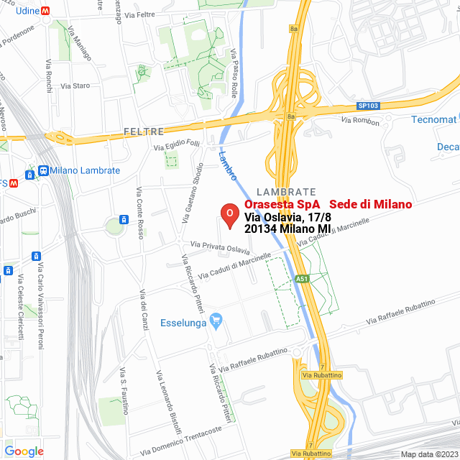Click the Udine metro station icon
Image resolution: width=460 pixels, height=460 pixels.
coord(45,11)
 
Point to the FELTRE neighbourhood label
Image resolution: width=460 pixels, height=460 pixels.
coord(144,132)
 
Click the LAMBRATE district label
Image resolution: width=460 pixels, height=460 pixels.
coord(286,192)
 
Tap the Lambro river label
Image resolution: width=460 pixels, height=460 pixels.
coord(228,166)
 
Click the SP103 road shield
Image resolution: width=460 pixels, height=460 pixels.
coord(367,106)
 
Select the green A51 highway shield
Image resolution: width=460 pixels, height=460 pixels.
coord(302,278)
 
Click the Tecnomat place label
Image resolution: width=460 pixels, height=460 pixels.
coord(434,119)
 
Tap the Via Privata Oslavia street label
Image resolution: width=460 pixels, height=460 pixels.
coord(219,248)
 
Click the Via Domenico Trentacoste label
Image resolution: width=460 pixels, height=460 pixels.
coord(177,440)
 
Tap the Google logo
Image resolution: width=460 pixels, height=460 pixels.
coord(24,451)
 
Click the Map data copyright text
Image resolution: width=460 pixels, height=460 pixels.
coord(428,454)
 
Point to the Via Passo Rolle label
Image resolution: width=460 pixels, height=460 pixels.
coord(234,69)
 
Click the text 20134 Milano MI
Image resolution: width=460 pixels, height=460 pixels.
coord(287,228)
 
